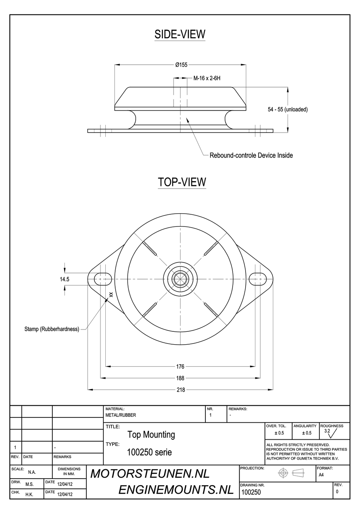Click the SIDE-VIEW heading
tap(180, 34)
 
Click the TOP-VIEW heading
tap(182, 182)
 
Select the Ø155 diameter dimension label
tap(181, 65)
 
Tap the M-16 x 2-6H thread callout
tap(207, 79)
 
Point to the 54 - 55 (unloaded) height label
tap(288, 109)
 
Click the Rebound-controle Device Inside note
tap(251, 155)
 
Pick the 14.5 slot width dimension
tap(64, 279)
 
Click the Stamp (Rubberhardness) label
tap(52, 329)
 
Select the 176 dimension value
tap(180, 367)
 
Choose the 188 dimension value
tap(180, 378)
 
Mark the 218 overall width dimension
tap(181, 390)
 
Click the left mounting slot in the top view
tap(100, 278)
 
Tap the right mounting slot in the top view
tap(260, 278)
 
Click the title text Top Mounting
tap(151, 435)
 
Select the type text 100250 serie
tap(150, 452)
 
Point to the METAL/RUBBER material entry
tap(121, 415)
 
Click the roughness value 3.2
tap(327, 431)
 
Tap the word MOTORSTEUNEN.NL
tap(150, 474)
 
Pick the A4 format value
tap(321, 475)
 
